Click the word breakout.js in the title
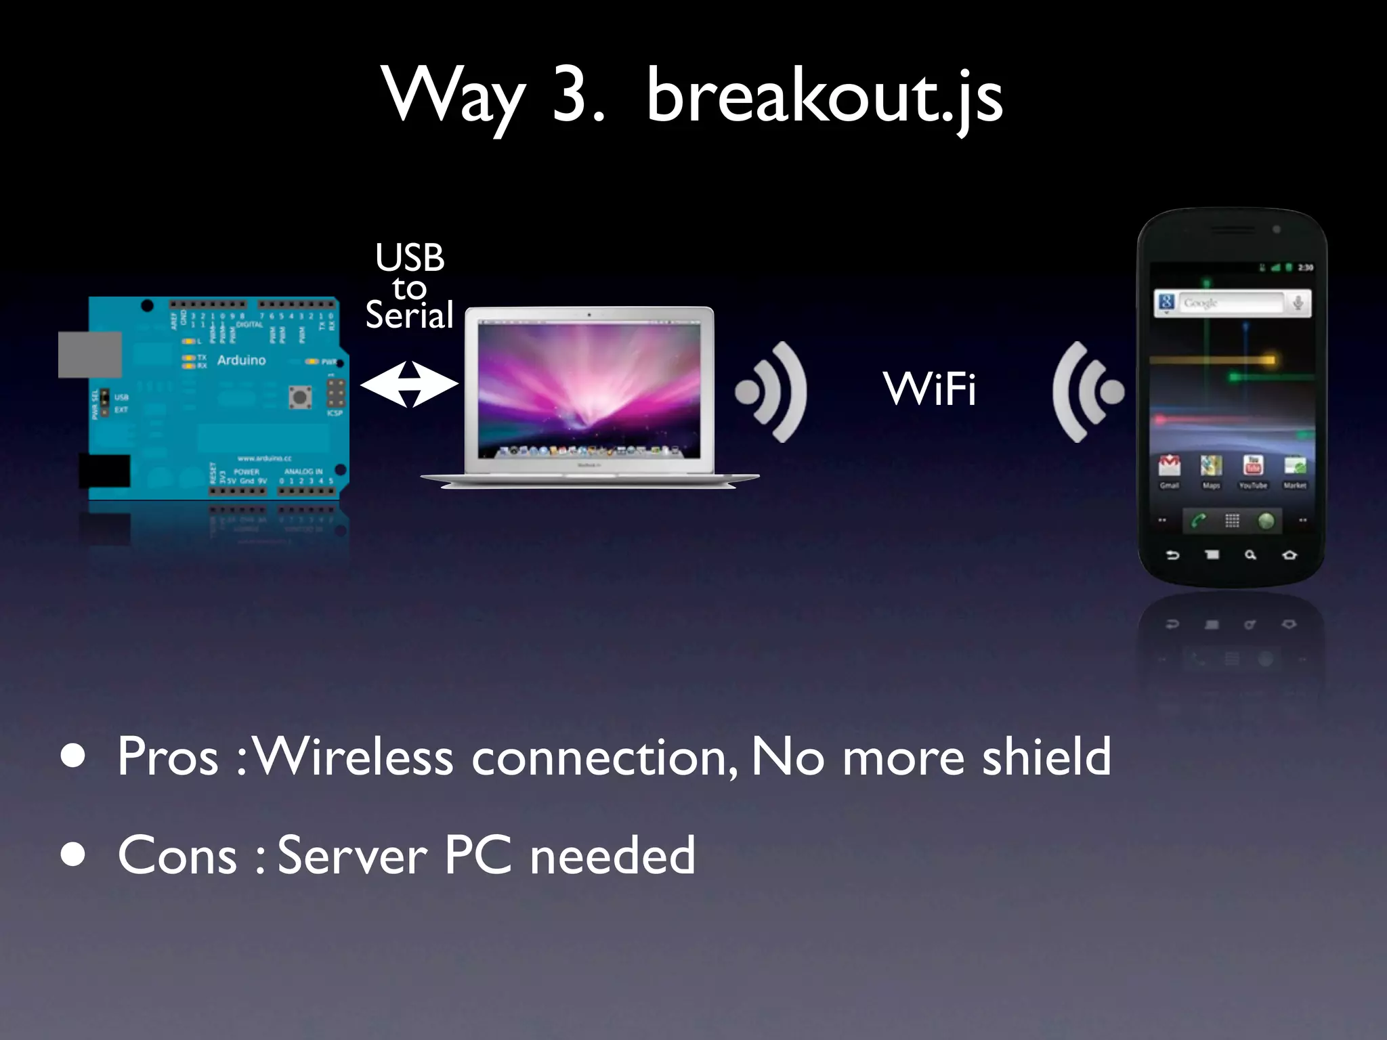pyautogui.click(x=824, y=97)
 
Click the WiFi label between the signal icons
pyautogui.click(x=929, y=389)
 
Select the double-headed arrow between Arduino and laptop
pyautogui.click(x=409, y=385)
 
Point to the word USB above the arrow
pyautogui.click(x=410, y=257)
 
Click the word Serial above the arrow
pyautogui.click(x=409, y=316)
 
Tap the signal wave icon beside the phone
pyautogui.click(x=1086, y=391)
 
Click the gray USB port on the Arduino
pyautogui.click(x=89, y=354)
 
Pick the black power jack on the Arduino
pyautogui.click(x=104, y=471)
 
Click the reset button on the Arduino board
pyautogui.click(x=300, y=396)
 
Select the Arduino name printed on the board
pyautogui.click(x=241, y=360)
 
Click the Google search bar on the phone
pyautogui.click(x=1231, y=303)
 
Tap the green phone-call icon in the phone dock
pyautogui.click(x=1199, y=521)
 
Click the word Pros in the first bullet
pyautogui.click(x=167, y=757)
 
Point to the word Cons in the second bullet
pyautogui.click(x=177, y=856)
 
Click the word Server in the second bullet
pyautogui.click(x=352, y=856)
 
